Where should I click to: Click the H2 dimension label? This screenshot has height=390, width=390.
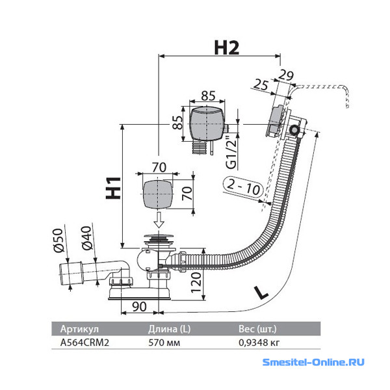[x=227, y=47]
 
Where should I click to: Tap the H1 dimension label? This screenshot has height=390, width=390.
[x=113, y=188]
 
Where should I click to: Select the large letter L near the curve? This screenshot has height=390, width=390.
[x=261, y=292]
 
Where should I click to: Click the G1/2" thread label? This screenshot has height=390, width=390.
[x=231, y=152]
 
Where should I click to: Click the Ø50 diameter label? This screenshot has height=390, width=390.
[x=58, y=240]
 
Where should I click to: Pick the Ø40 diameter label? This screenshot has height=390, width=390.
[x=87, y=238]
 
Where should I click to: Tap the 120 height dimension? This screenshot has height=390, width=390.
[x=196, y=283]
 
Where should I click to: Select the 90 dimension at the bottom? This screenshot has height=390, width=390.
[x=139, y=307]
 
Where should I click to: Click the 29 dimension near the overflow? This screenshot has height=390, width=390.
[x=286, y=75]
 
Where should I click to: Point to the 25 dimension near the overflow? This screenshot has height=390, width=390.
[x=261, y=84]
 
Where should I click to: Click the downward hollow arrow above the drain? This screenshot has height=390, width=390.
[x=159, y=220]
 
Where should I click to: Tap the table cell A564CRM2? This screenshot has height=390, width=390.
[x=84, y=343]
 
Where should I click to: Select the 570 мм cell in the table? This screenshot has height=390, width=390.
[x=164, y=343]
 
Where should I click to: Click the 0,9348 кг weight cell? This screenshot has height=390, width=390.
[x=259, y=343]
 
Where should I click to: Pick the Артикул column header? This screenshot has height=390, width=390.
[x=79, y=329]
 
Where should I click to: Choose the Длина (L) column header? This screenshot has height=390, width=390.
[x=170, y=329]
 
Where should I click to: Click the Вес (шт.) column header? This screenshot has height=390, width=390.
[x=257, y=329]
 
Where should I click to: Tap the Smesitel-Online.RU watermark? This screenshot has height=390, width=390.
[x=313, y=362]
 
